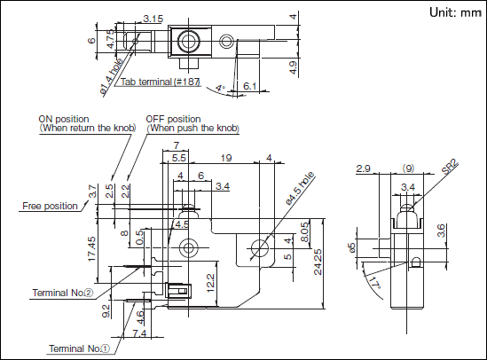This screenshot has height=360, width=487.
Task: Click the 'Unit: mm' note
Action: click(455, 12)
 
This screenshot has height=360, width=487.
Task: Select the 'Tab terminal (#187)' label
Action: click(160, 82)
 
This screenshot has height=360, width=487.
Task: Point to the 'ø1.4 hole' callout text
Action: click(112, 76)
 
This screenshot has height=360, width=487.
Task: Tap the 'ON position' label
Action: click(64, 119)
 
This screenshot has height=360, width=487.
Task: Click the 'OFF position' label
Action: click(173, 119)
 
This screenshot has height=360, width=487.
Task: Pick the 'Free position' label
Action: click(50, 206)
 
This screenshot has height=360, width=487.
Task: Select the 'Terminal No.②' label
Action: click(62, 293)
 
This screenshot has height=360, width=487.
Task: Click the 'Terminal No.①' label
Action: click(79, 348)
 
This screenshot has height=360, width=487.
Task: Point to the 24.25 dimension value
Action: click(318, 262)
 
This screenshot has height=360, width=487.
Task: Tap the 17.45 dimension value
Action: click(92, 249)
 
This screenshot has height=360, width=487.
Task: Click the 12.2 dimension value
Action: click(210, 283)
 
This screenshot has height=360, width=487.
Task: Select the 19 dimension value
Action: click(226, 158)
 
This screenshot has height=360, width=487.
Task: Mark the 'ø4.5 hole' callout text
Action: click(300, 189)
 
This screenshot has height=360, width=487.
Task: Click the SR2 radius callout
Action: click(451, 167)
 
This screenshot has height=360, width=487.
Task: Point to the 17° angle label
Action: click(375, 283)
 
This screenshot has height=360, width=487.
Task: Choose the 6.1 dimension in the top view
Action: click(250, 86)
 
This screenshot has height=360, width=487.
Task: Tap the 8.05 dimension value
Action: click(305, 231)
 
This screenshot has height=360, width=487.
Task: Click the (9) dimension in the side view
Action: click(408, 168)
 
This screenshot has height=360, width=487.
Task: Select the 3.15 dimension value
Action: click(153, 19)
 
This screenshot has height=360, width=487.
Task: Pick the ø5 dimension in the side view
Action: click(351, 247)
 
